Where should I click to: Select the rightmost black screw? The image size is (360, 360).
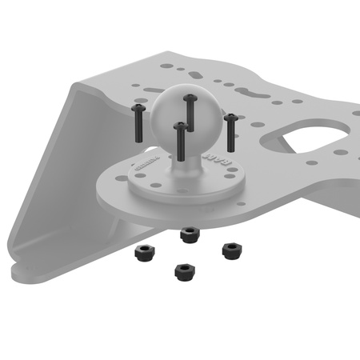tap(230, 132)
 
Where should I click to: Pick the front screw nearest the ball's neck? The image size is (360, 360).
tap(182, 138)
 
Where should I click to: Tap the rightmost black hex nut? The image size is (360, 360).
tap(232, 250)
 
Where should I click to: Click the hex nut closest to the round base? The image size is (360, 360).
tap(190, 234)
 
